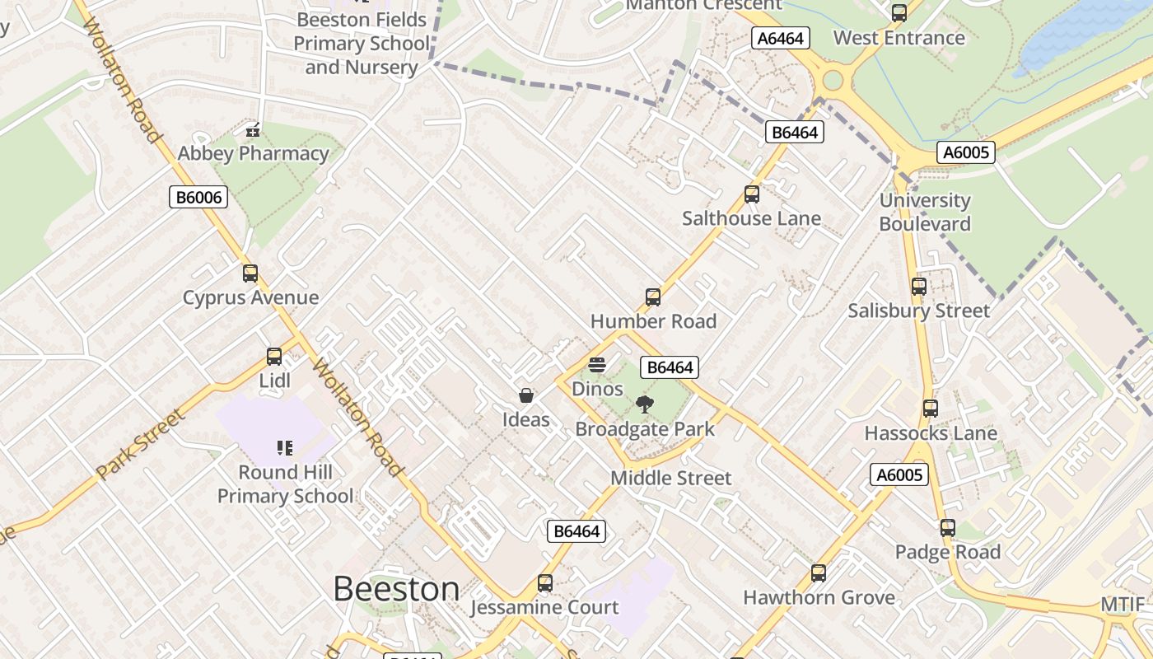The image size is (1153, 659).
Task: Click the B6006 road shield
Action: [198, 197]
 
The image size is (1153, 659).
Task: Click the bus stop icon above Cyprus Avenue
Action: [250, 273]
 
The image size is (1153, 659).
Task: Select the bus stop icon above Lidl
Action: [274, 357]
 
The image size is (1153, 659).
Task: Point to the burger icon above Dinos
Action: [597, 365]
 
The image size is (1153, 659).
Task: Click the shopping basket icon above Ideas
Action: [526, 396]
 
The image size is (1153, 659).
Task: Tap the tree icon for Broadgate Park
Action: [645, 404]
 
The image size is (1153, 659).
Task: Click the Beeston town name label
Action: [396, 589]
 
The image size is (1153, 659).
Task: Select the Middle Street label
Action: [670, 478]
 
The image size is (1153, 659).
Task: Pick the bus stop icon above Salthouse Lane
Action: [752, 194]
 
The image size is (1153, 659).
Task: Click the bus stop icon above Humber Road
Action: [653, 297]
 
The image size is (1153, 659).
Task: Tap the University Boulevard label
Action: [925, 212]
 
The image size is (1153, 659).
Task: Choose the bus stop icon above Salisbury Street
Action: [919, 287]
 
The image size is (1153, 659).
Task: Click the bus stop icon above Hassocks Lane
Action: [931, 409]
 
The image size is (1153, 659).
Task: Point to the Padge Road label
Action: [947, 552]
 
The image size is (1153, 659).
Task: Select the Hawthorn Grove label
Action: [819, 597]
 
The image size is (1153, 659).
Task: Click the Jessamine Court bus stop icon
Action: [545, 583]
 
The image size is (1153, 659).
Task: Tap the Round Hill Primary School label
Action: [285, 484]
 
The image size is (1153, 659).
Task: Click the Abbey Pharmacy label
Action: [253, 153]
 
